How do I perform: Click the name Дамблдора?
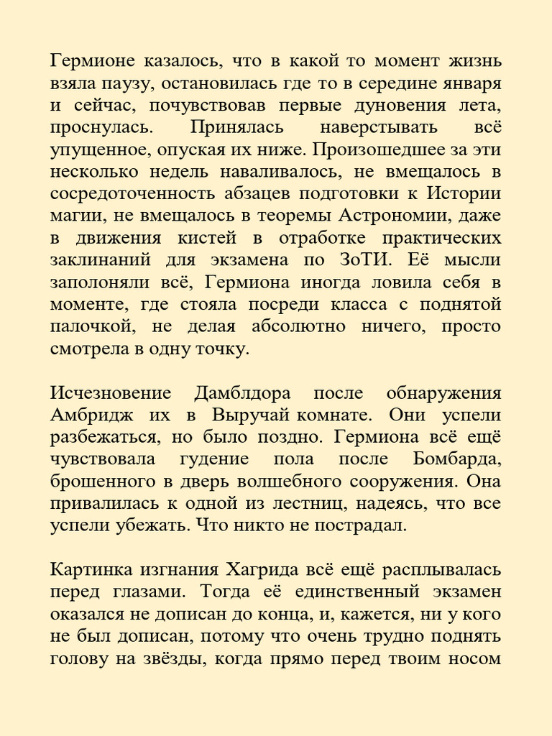tap(241, 394)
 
